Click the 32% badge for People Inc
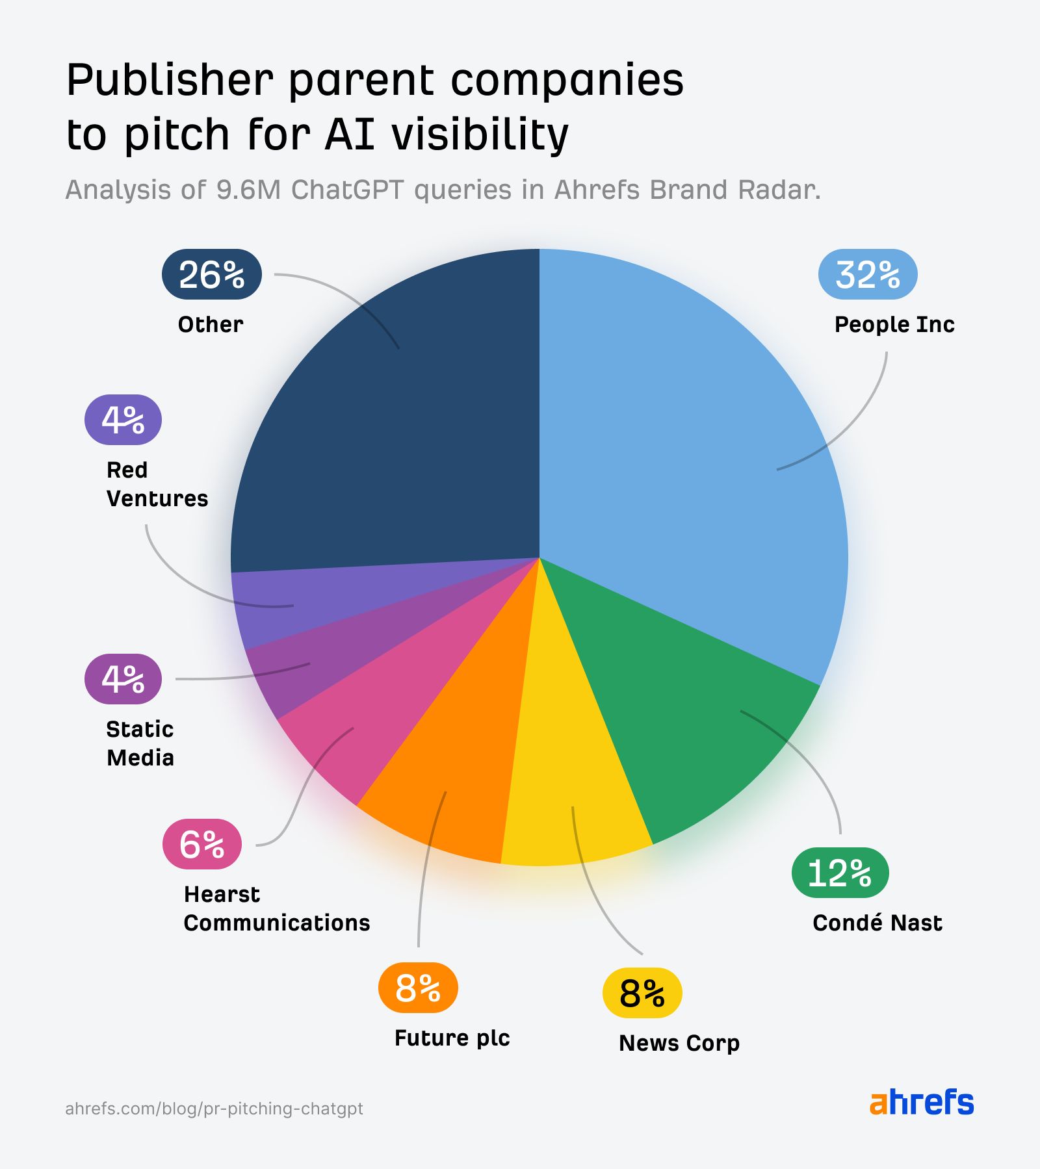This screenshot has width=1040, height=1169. (867, 274)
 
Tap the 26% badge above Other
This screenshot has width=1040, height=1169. (211, 274)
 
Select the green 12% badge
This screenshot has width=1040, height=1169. (839, 873)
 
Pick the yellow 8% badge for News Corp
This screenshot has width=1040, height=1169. (642, 993)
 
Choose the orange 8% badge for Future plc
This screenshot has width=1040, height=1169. (417, 988)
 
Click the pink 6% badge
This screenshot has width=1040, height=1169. (201, 844)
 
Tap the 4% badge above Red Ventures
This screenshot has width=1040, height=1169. (123, 420)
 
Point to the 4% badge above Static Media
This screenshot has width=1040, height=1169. (123, 679)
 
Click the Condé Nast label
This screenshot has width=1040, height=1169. (877, 923)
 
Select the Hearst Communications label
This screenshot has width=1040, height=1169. (276, 908)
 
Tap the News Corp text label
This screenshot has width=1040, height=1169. (679, 1043)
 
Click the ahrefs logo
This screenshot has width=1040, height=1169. (921, 1102)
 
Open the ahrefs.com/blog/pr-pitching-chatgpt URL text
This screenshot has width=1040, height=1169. (214, 1108)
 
